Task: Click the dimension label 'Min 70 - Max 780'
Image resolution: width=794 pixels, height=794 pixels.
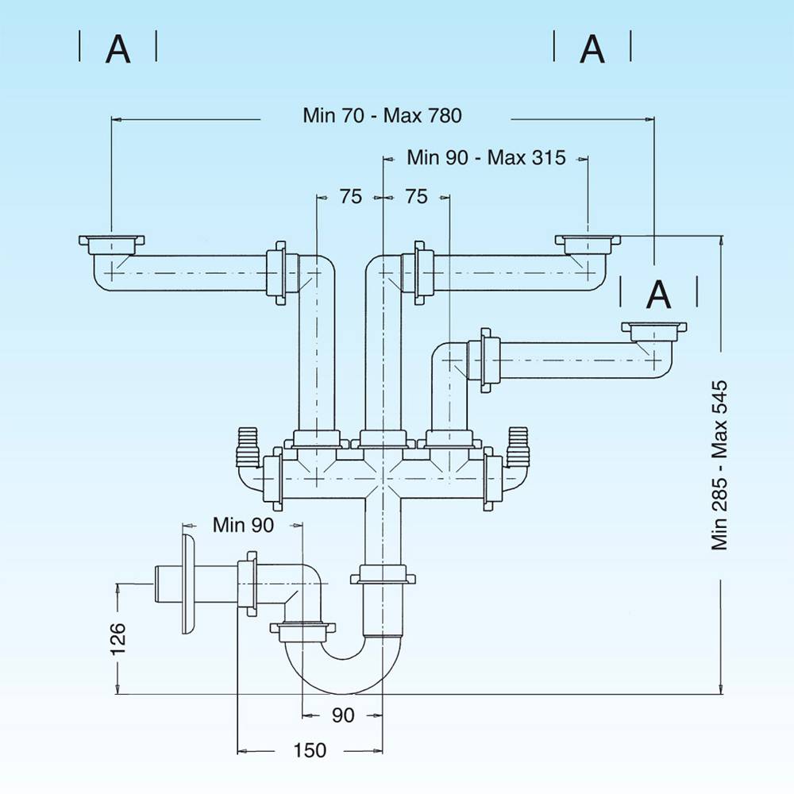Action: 382,115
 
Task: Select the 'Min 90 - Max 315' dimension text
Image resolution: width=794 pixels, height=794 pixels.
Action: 486,157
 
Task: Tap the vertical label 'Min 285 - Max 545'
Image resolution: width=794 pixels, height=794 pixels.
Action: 720,464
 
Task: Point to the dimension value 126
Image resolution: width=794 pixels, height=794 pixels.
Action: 118,638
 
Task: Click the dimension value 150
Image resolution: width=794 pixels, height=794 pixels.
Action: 310,750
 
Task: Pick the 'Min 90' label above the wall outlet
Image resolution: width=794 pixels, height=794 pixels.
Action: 243,525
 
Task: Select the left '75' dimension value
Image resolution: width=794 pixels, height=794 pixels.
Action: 351,197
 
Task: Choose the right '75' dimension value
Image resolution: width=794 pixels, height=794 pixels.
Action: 416,197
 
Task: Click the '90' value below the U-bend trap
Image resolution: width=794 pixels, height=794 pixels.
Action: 342,715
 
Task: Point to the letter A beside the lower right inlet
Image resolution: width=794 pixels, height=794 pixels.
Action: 659,295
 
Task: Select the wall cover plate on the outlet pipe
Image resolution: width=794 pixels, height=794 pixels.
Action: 187,584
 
